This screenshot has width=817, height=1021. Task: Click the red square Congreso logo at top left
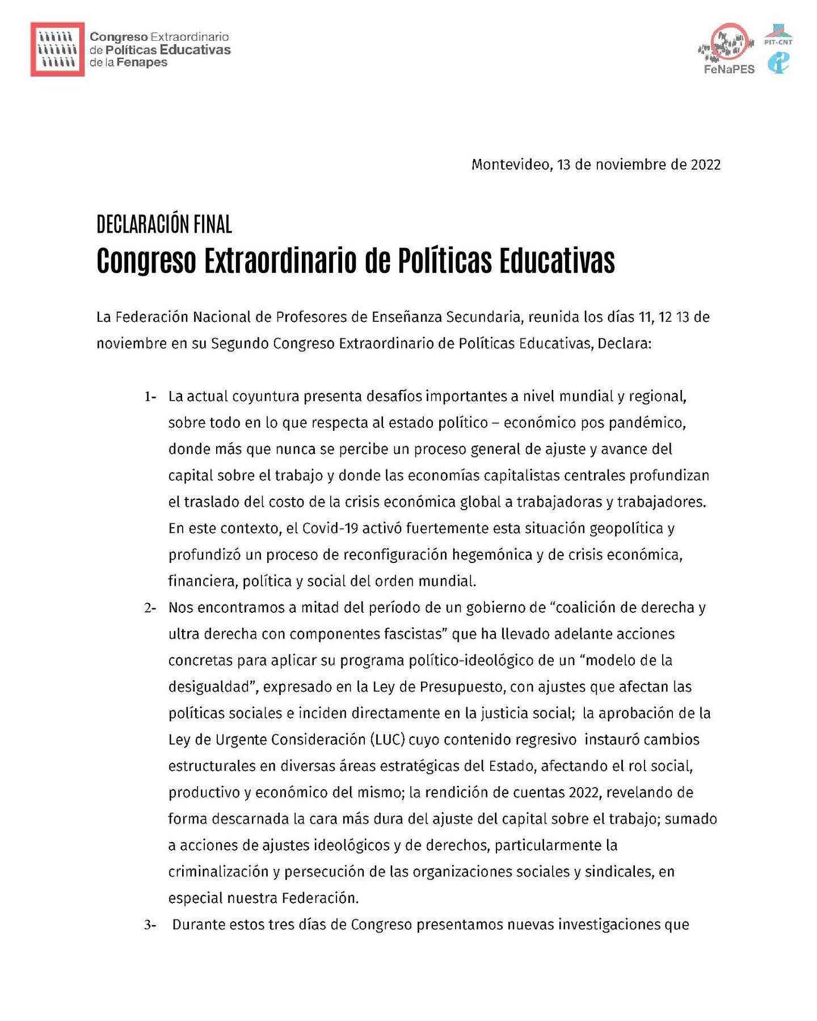pyautogui.click(x=57, y=49)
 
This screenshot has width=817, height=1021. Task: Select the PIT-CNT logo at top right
pyautogui.click(x=778, y=35)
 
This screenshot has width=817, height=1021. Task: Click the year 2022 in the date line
pyautogui.click(x=705, y=165)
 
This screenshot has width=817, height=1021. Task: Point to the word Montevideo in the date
pyautogui.click(x=509, y=165)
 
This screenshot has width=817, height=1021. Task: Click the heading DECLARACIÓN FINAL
pyautogui.click(x=164, y=225)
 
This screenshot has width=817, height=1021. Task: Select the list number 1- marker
pyautogui.click(x=150, y=397)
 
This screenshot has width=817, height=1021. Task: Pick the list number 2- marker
pyautogui.click(x=150, y=608)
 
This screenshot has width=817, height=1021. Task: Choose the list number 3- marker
pyautogui.click(x=150, y=925)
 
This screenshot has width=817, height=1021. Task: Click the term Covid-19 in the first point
pyautogui.click(x=330, y=528)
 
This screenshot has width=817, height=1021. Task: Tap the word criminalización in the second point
pyautogui.click(x=218, y=872)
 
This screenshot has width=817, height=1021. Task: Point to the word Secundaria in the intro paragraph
pyautogui.click(x=483, y=317)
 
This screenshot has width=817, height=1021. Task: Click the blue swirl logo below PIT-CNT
pyautogui.click(x=778, y=63)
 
